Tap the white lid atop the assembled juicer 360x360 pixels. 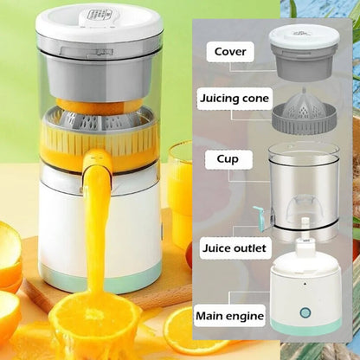(100, 22)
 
